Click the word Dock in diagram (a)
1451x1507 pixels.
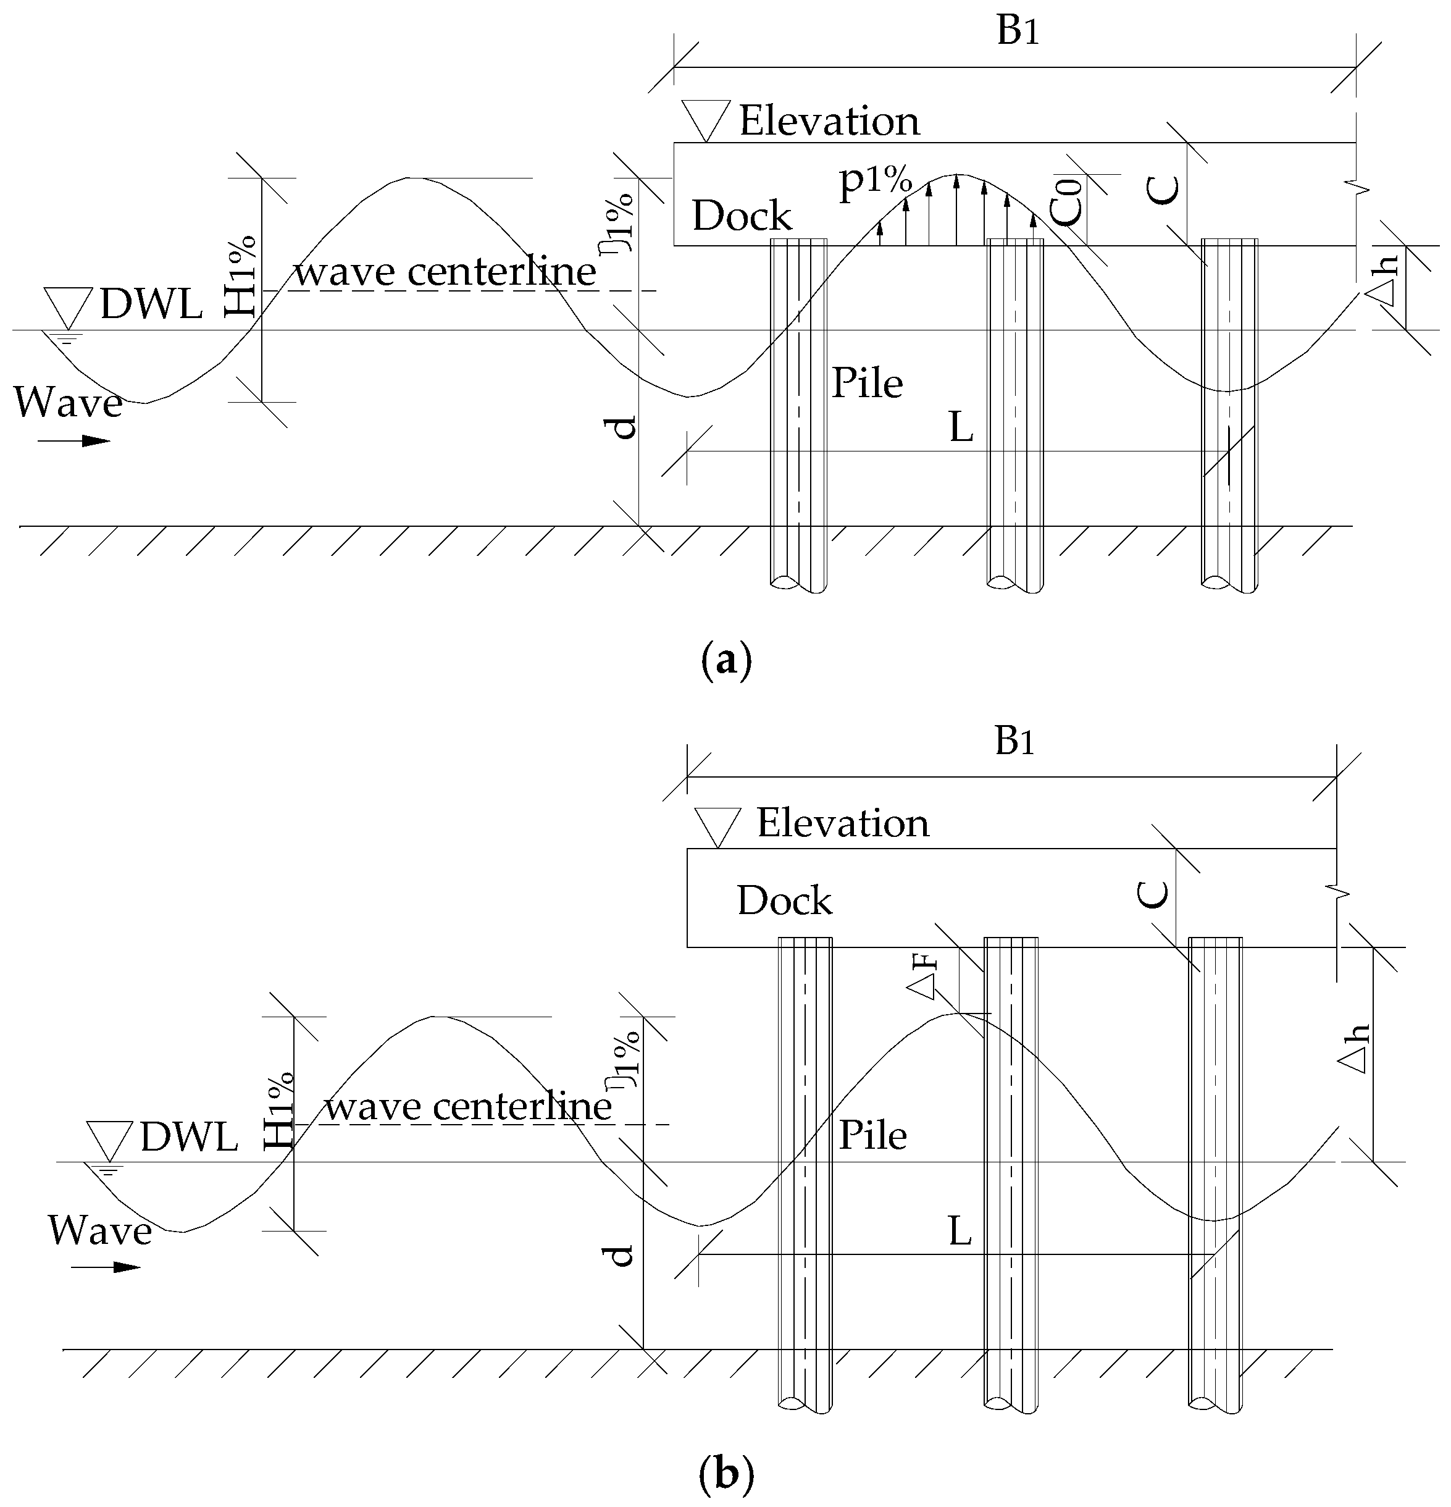742,216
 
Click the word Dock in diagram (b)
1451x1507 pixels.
784,900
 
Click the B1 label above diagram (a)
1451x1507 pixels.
1018,32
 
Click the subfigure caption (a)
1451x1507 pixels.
725,660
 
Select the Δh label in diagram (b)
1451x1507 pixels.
1353,1049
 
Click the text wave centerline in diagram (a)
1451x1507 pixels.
446,272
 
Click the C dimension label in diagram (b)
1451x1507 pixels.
1152,894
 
